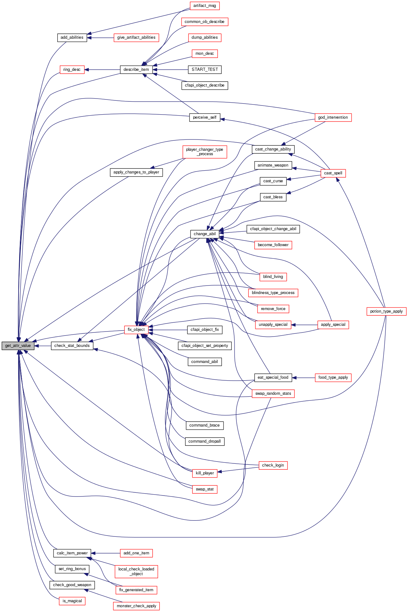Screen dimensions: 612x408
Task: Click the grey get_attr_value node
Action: pyautogui.click(x=18, y=346)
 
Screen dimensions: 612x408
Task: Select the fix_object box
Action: pyautogui.click(x=136, y=330)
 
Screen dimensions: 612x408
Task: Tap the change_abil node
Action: pyautogui.click(x=205, y=234)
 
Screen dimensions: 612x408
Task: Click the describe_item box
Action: pyautogui.click(x=136, y=70)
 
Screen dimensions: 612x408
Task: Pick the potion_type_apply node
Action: pyautogui.click(x=386, y=311)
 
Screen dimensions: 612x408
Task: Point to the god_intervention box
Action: pyautogui.click(x=333, y=117)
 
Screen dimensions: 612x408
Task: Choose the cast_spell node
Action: pyautogui.click(x=333, y=173)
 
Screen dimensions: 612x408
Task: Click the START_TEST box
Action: pyautogui.click(x=205, y=70)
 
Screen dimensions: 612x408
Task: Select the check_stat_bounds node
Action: pyautogui.click(x=72, y=346)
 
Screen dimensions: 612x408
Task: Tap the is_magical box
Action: pyautogui.click(x=72, y=601)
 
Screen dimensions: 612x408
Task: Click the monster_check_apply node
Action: pyautogui.click(x=136, y=606)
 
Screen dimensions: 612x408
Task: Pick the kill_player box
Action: pyautogui.click(x=205, y=473)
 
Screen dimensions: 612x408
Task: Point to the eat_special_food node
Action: pyautogui.click(x=273, y=377)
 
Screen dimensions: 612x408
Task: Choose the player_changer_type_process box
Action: pyautogui.click(x=205, y=152)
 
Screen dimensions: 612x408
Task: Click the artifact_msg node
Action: pyautogui.click(x=204, y=6)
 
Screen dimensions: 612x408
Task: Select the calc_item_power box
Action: pyautogui.click(x=72, y=553)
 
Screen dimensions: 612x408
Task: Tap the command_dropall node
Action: pyautogui.click(x=205, y=441)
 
